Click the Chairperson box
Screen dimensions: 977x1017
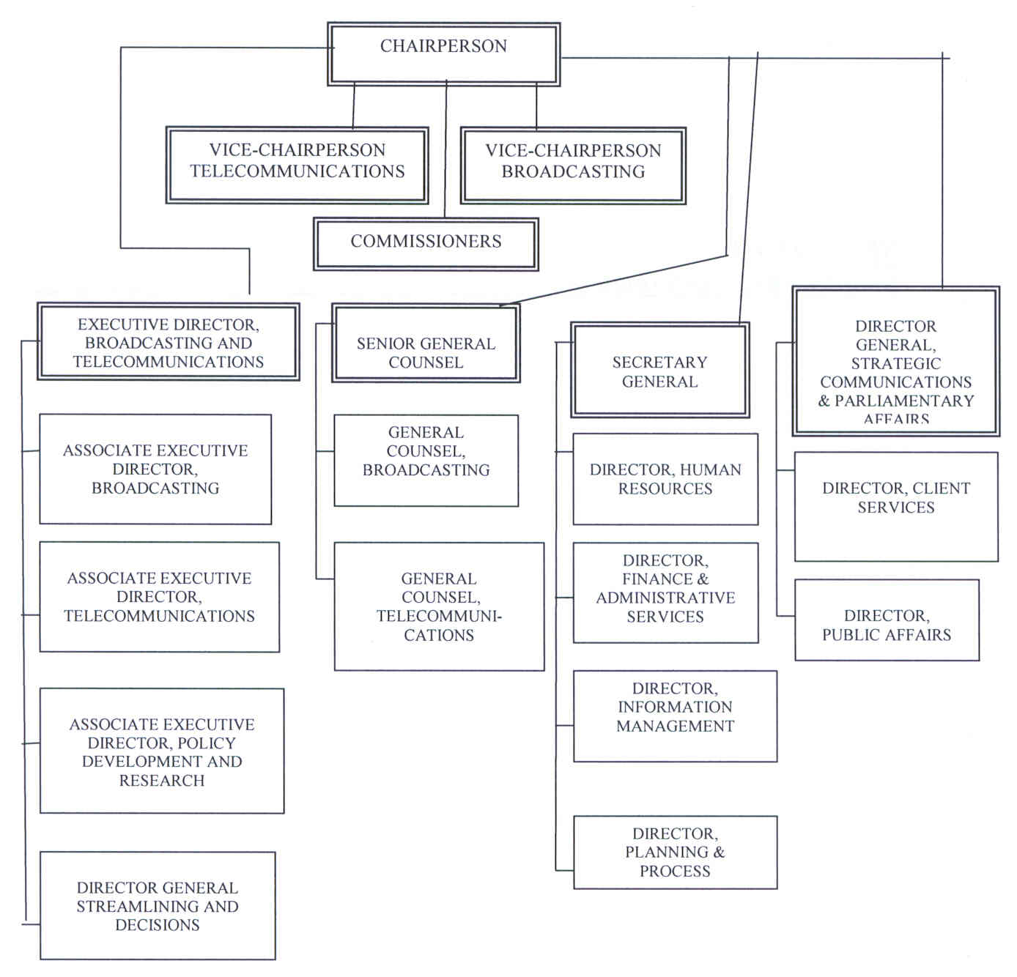pyautogui.click(x=443, y=53)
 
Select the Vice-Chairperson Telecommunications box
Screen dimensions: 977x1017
pyautogui.click(x=297, y=165)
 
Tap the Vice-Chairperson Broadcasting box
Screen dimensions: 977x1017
pyautogui.click(x=573, y=165)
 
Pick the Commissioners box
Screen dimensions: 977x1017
pyautogui.click(x=426, y=243)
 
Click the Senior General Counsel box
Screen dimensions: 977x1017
pyautogui.click(x=426, y=343)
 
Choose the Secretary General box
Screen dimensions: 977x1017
pyautogui.click(x=659, y=371)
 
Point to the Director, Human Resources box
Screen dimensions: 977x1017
pyautogui.click(x=665, y=479)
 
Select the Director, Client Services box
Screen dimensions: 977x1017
pyautogui.click(x=896, y=506)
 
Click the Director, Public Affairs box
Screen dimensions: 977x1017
pyautogui.click(x=887, y=620)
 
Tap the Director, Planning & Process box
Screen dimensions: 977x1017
pyautogui.click(x=675, y=852)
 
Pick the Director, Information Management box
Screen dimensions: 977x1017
pyautogui.click(x=675, y=716)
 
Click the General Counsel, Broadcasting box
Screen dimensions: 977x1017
pyautogui.click(x=426, y=460)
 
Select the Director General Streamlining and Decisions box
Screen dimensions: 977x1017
pyautogui.click(x=158, y=905)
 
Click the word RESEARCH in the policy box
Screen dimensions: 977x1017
pyautogui.click(x=162, y=781)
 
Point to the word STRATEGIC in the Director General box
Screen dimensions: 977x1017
pyautogui.click(x=895, y=364)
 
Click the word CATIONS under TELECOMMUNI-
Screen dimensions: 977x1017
pyautogui.click(x=439, y=636)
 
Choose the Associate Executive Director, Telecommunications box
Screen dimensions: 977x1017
pyautogui.click(x=159, y=597)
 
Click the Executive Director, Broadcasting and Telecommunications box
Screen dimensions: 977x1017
pyautogui.click(x=169, y=342)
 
